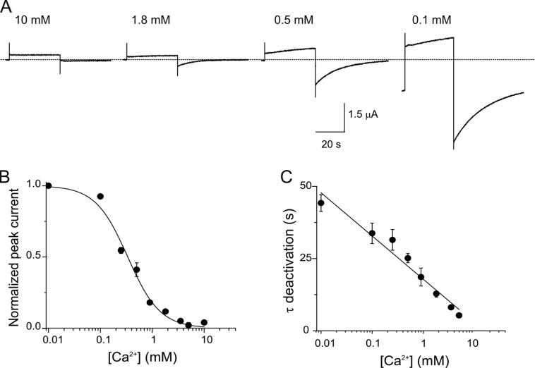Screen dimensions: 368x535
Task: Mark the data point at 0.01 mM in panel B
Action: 48,186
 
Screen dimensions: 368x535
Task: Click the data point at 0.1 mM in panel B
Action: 100,197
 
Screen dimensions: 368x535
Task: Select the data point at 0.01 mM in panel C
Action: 321,203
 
